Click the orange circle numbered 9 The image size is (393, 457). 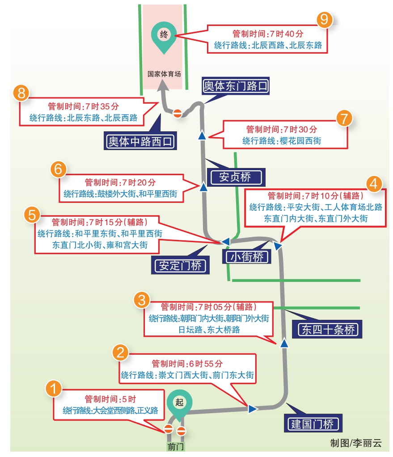point(325,19)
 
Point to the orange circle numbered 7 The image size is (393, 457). point(343,119)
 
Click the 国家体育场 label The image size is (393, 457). point(164,74)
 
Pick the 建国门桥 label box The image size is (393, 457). point(312,423)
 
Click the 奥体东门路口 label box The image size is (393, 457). point(236,86)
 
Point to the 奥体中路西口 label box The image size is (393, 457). point(140,142)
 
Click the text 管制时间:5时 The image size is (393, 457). point(110,399)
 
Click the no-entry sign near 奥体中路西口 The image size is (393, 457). point(177,113)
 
